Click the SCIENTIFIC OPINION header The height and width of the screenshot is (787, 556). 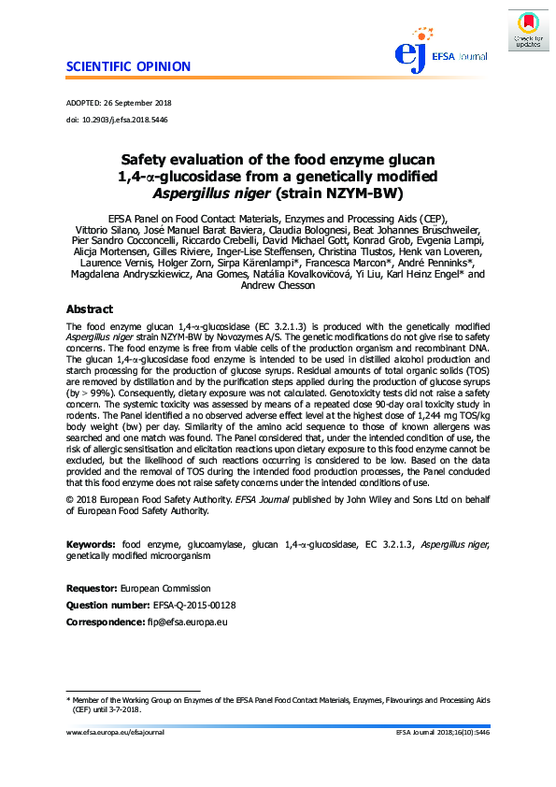click(x=128, y=67)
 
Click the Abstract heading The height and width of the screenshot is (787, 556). click(x=90, y=309)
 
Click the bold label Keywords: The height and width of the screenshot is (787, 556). click(x=91, y=543)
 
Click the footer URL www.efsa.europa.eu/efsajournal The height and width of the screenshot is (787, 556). click(x=115, y=733)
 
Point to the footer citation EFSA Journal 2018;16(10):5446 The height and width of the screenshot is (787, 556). click(x=442, y=733)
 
